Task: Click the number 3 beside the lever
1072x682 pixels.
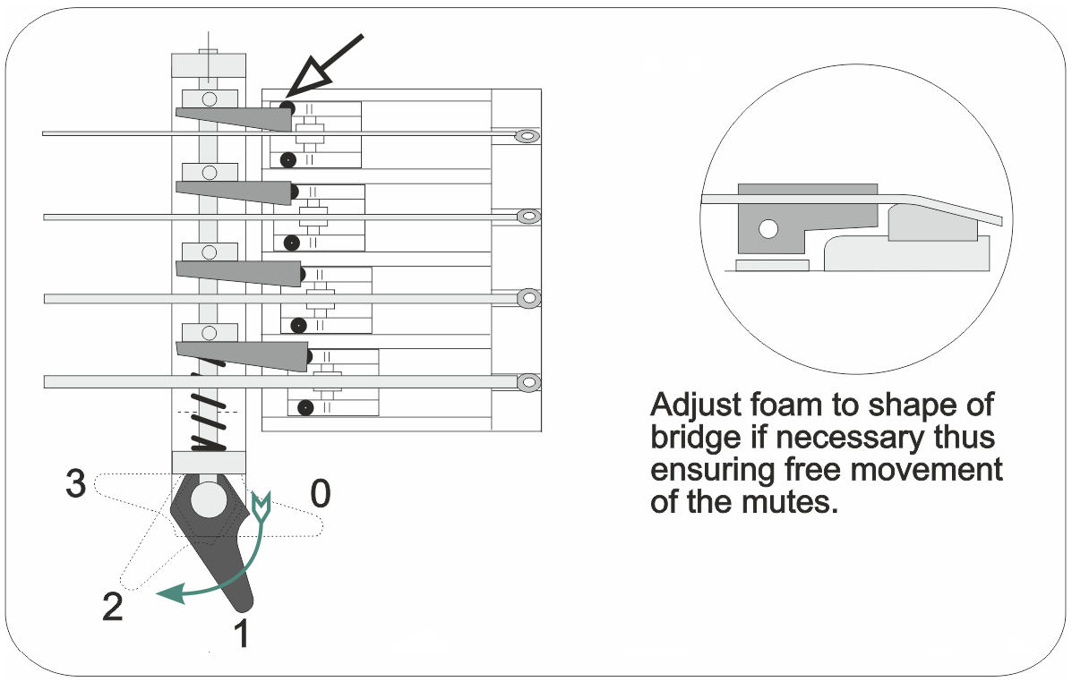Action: coord(76,485)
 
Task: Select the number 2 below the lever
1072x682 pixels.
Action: coord(112,608)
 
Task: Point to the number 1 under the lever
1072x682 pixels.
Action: coord(240,634)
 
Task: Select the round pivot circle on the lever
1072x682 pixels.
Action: coord(208,499)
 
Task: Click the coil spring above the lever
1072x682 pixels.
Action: coord(208,421)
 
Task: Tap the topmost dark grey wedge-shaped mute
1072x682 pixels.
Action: coord(235,117)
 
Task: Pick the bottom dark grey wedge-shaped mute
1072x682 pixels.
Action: coord(242,354)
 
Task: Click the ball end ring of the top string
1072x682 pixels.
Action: coord(527,136)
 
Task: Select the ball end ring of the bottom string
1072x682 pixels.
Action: coord(528,383)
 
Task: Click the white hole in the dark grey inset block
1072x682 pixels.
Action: coord(766,229)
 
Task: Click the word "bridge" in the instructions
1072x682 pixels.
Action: coord(693,438)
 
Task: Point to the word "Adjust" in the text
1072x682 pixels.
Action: coord(695,405)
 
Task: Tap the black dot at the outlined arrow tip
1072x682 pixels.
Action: coord(287,107)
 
